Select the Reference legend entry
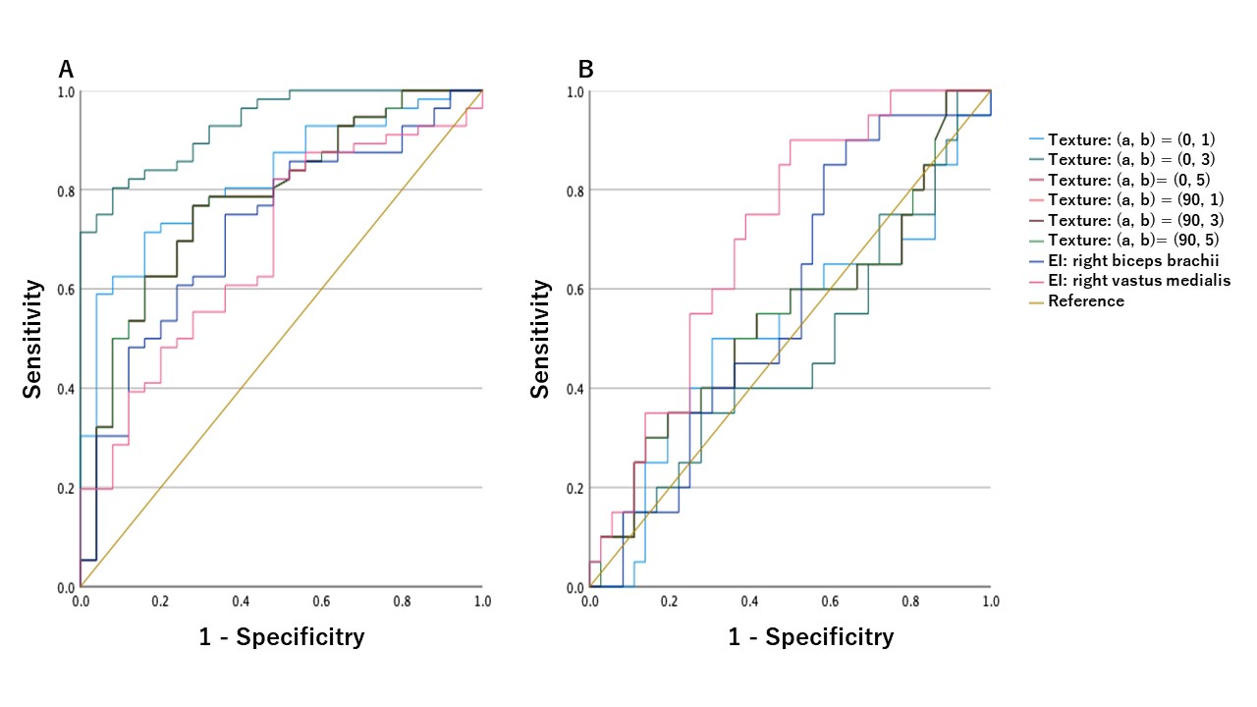click(1085, 300)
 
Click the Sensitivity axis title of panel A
click(32, 339)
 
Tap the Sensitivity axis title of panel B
click(540, 339)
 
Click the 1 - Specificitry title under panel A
click(282, 637)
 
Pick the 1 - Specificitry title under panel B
click(811, 637)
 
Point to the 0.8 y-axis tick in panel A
click(65, 190)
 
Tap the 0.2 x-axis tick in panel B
click(670, 599)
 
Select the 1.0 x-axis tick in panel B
click(990, 599)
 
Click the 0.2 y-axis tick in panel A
click(65, 488)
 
